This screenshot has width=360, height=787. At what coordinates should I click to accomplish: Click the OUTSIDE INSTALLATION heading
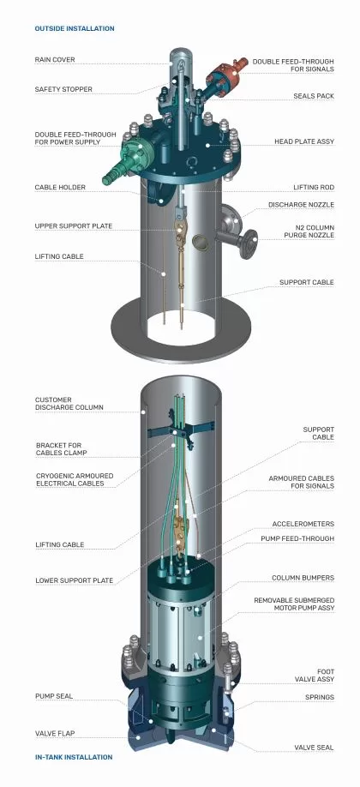(75, 28)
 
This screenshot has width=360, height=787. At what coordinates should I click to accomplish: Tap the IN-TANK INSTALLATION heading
(74, 757)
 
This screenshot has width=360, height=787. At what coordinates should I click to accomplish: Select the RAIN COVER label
(55, 60)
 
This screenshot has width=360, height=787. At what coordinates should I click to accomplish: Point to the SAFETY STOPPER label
(63, 89)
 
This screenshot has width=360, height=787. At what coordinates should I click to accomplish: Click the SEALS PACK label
(314, 96)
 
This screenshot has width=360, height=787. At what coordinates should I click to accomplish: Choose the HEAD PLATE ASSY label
(303, 141)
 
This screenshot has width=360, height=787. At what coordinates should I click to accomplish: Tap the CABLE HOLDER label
(60, 187)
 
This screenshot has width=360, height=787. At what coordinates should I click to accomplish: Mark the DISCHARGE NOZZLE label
(301, 205)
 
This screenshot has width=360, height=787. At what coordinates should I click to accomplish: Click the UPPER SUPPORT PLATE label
(74, 225)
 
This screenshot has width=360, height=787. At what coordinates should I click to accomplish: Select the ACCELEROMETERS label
(303, 524)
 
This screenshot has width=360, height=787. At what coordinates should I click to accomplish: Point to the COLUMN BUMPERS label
(303, 578)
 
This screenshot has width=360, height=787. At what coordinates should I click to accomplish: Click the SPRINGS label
(320, 697)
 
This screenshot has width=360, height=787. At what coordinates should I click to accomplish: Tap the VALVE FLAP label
(55, 733)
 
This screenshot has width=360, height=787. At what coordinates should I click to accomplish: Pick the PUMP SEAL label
(54, 696)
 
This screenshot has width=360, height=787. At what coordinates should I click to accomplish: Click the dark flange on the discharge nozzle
(248, 244)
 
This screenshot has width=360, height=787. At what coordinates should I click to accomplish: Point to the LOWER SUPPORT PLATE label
(74, 580)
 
